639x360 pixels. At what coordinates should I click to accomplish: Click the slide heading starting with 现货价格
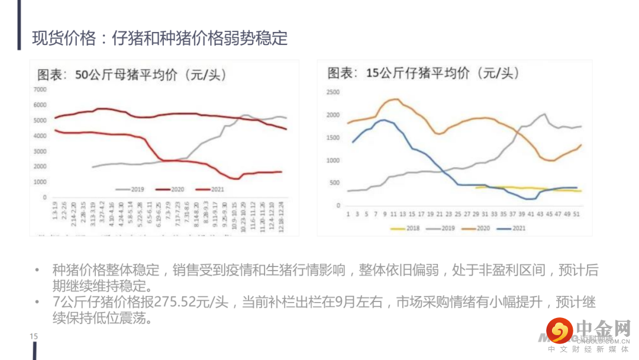(x=160, y=38)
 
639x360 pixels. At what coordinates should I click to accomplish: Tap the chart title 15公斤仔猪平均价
(x=423, y=73)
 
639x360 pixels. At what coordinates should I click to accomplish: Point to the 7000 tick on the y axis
(x=40, y=89)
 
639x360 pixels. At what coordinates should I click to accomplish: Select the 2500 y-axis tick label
(x=333, y=92)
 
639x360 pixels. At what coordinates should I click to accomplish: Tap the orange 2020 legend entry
(x=477, y=227)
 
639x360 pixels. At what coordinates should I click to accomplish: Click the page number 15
(x=34, y=337)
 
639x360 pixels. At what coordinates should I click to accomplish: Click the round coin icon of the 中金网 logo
(x=559, y=330)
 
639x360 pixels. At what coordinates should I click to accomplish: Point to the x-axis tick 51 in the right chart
(x=577, y=214)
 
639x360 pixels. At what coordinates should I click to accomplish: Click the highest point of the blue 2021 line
(x=384, y=120)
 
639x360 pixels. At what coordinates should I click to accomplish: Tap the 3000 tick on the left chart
(x=40, y=152)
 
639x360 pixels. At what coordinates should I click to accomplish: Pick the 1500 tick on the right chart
(x=333, y=138)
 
